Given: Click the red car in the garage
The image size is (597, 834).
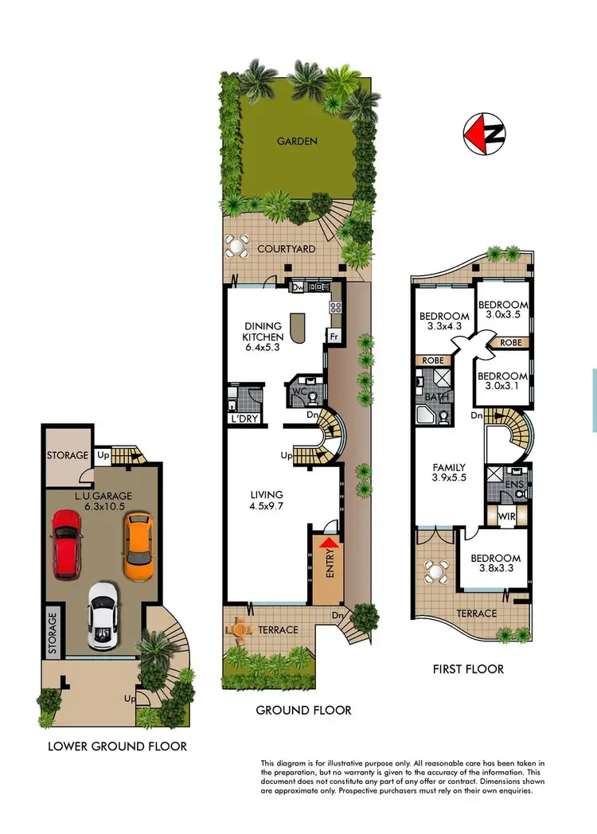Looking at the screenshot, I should point(67,544).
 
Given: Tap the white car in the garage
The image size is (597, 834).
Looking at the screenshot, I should point(103,615).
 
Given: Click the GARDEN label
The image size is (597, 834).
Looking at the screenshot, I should point(297,142).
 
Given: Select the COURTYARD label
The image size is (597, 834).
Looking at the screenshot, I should point(286,249).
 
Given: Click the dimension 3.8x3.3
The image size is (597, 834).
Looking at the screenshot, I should point(494,571).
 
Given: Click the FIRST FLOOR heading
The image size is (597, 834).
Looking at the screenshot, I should point(468,669).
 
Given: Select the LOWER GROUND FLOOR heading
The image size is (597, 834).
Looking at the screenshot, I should point(117,746).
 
